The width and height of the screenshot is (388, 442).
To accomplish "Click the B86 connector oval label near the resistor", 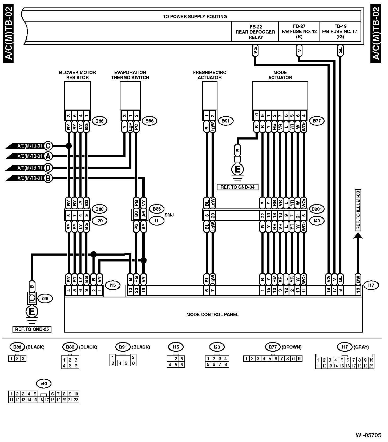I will [99, 121].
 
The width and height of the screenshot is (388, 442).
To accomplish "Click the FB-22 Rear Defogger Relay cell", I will [256, 32].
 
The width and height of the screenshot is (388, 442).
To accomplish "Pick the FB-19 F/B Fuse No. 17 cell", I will [340, 32].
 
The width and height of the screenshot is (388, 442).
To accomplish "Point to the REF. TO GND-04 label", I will [237, 187].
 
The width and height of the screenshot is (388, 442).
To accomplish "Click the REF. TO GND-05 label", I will [32, 329].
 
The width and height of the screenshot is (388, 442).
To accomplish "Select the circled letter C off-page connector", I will [48, 146].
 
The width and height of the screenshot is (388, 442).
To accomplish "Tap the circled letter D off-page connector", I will [48, 168].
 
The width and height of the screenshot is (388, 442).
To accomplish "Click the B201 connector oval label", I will [317, 209].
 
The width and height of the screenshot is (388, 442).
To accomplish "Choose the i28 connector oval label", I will [45, 298].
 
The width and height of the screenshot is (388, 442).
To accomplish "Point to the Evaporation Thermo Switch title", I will [130, 75].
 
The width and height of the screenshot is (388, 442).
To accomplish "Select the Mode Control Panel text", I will [212, 314].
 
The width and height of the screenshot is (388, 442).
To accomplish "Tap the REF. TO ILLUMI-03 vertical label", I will [358, 210].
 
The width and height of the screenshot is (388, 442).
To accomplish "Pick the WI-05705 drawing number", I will [368, 435].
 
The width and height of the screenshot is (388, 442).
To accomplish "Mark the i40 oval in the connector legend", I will [44, 384].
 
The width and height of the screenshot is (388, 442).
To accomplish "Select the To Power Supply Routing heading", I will [195, 17].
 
